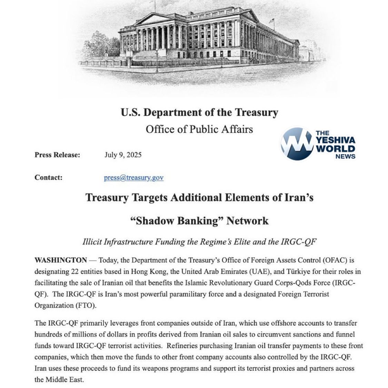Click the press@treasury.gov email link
[x=133, y=178]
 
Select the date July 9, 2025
[x=123, y=155]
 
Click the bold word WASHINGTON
[x=61, y=260]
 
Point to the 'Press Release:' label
[x=57, y=155]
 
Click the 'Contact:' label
[x=48, y=178]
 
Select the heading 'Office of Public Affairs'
[x=199, y=129]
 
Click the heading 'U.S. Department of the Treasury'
[x=199, y=112]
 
